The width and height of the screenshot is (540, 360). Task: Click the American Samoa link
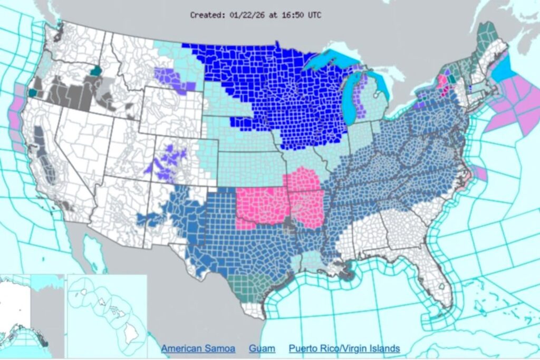point(199,348)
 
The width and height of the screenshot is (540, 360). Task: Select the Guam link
point(262,348)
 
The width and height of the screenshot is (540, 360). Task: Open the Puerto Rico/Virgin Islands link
point(344,348)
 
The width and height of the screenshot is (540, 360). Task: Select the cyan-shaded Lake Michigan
point(349,103)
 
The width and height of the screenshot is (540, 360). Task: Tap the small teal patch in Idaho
point(95,71)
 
